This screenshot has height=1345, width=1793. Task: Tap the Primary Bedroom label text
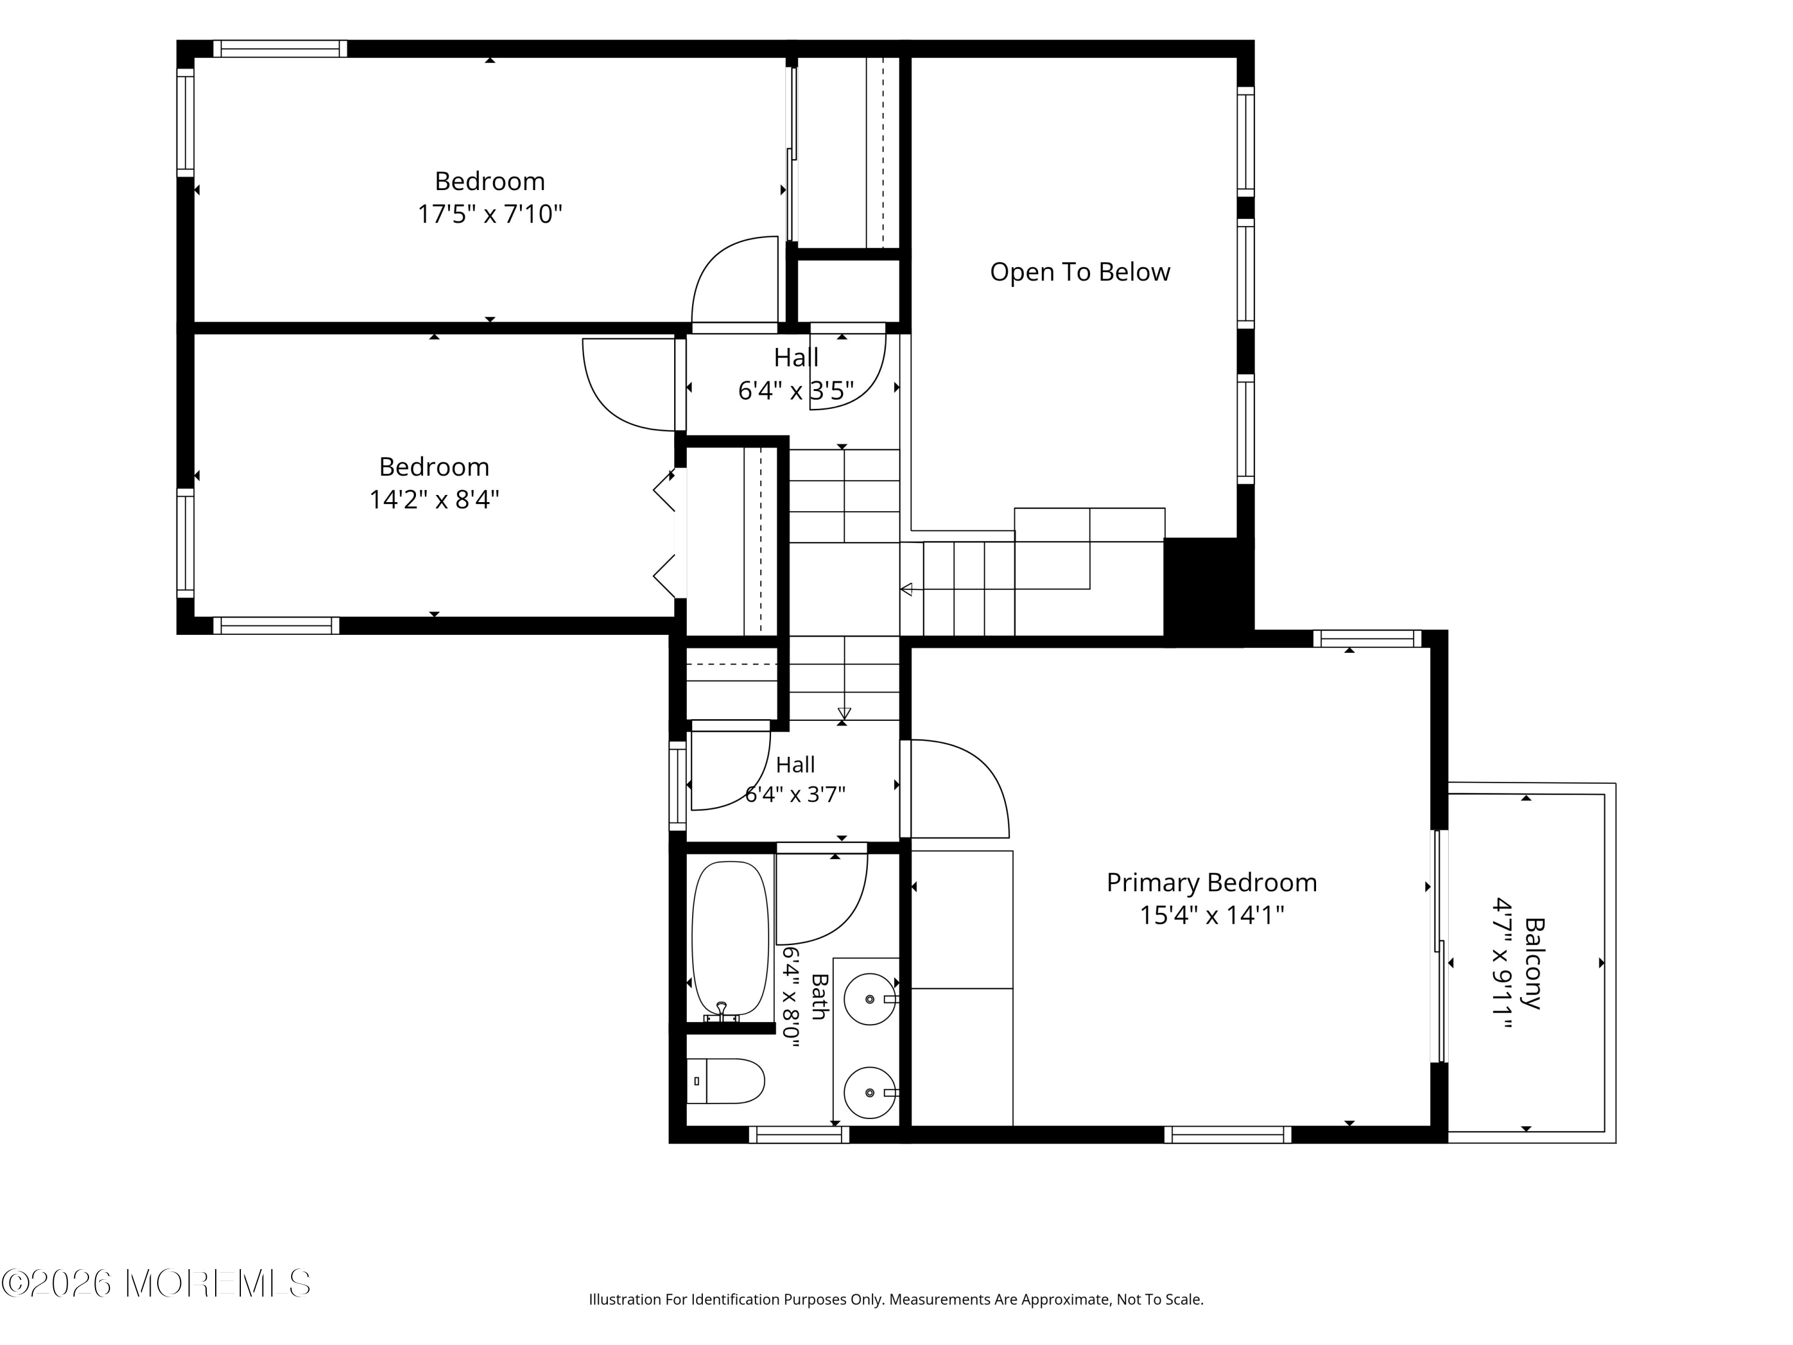pos(1212,882)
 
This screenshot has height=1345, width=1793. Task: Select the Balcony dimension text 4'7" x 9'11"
pos(1504,962)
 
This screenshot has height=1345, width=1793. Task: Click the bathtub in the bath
pos(730,940)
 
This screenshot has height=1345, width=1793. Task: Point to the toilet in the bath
pos(726,1081)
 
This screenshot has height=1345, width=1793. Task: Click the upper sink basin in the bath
pos(870,999)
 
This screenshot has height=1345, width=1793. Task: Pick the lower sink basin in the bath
pos(870,1092)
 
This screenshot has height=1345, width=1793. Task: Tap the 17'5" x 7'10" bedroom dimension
pos(489,214)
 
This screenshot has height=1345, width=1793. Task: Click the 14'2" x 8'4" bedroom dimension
pos(434,499)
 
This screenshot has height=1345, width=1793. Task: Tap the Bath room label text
pos(819,996)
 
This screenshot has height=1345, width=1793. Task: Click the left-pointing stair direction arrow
pos(906,589)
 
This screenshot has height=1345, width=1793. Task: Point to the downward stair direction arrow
pos(844,713)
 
